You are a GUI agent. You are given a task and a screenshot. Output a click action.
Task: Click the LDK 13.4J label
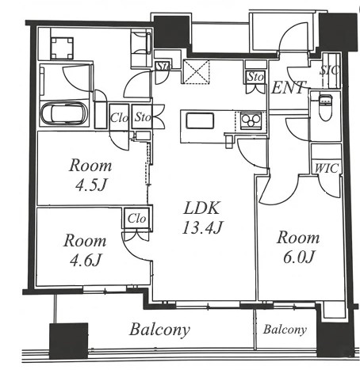[x=203, y=217]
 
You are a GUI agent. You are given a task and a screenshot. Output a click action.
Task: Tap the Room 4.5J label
[x=90, y=175]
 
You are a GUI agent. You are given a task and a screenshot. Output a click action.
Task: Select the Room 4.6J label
[x=85, y=250]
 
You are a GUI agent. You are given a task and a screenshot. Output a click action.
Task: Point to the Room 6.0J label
[x=298, y=247]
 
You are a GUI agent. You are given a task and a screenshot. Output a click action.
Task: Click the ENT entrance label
[x=289, y=87]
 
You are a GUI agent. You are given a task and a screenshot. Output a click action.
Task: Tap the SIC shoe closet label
[x=329, y=71]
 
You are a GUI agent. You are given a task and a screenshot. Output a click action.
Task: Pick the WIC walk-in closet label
[x=327, y=168]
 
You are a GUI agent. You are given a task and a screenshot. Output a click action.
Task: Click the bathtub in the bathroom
[x=64, y=113]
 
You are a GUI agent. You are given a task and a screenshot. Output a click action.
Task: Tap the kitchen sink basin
[x=200, y=121]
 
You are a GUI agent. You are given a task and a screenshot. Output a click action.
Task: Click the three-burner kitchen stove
[x=251, y=120]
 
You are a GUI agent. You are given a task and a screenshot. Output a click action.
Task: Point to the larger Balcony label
[x=160, y=330]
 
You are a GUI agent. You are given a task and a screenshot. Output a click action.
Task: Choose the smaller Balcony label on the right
[x=285, y=330]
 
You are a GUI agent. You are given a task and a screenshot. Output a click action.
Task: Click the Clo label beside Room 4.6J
[x=136, y=219]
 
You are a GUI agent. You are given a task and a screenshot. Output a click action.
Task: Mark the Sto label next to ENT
[x=255, y=77]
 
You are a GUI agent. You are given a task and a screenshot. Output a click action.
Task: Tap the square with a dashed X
[x=196, y=72]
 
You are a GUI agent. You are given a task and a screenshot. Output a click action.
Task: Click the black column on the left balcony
[x=68, y=341]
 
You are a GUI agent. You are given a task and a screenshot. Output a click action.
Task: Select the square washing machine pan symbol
[x=62, y=48]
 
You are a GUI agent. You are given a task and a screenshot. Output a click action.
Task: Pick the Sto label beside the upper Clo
[x=143, y=117]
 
